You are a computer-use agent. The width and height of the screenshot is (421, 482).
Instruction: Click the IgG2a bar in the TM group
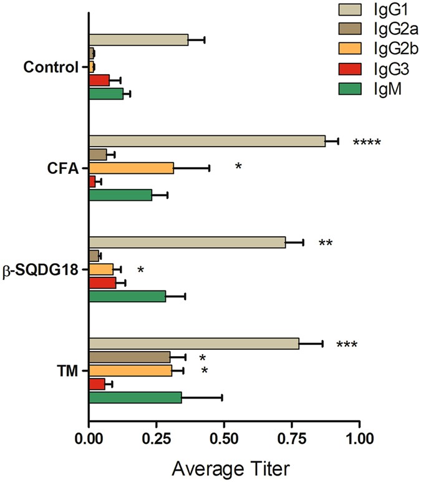click(x=130, y=357)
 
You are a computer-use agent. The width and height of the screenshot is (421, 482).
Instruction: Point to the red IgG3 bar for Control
click(x=100, y=80)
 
